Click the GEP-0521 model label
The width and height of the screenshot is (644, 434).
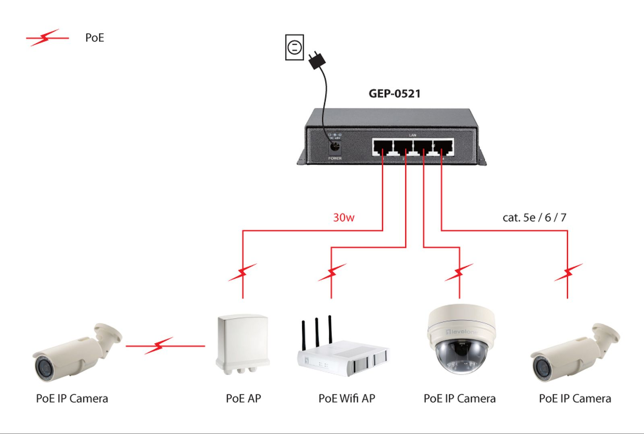[394, 94]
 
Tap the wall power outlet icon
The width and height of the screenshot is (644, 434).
[294, 48]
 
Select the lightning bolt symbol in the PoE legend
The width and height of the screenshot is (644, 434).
[46, 38]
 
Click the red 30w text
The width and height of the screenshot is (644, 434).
[343, 218]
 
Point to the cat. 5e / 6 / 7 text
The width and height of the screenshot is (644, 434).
[534, 218]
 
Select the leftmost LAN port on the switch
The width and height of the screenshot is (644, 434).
[382, 147]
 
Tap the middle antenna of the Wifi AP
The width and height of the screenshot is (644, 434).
[317, 332]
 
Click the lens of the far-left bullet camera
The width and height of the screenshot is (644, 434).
[42, 367]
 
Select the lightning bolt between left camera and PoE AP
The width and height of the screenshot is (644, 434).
[159, 345]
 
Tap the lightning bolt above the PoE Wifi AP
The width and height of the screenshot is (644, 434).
[332, 273]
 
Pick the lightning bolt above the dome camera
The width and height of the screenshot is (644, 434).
[459, 273]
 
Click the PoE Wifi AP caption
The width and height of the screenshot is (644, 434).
[347, 399]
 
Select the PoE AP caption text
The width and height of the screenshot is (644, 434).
[243, 399]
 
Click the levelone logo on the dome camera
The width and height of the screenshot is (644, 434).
[462, 332]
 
